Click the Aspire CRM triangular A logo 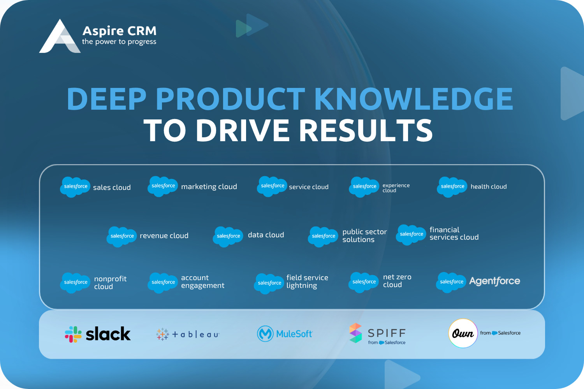pos(60,37)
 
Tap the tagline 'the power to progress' pos(119,42)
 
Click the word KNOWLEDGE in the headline pos(414,99)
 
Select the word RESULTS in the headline pos(366,130)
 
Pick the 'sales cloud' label pos(112,187)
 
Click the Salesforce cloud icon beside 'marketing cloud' pos(163,186)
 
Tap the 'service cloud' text pos(309,187)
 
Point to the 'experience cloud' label pos(396,188)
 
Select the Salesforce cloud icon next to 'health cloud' pos(452,187)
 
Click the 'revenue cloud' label pos(164,235)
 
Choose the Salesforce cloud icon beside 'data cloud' pos(228,237)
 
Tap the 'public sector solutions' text pos(364,235)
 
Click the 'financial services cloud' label pos(454,233)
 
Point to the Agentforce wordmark pos(494,281)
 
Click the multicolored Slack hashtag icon pos(73,334)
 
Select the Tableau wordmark pos(195,335)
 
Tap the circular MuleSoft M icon pos(265,334)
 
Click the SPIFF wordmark pos(387,333)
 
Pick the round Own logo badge pos(463,333)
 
